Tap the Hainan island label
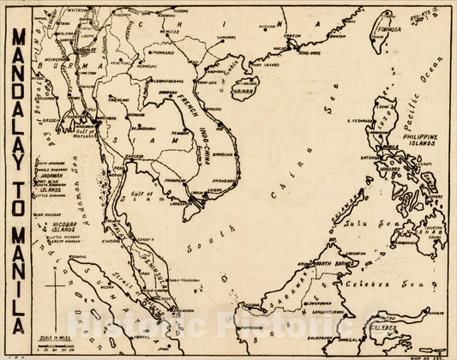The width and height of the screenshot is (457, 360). [x=244, y=87]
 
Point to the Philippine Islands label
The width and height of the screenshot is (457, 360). [x=426, y=141]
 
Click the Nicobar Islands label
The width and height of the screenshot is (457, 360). [x=51, y=229]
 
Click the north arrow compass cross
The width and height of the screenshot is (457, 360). [x=56, y=288]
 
